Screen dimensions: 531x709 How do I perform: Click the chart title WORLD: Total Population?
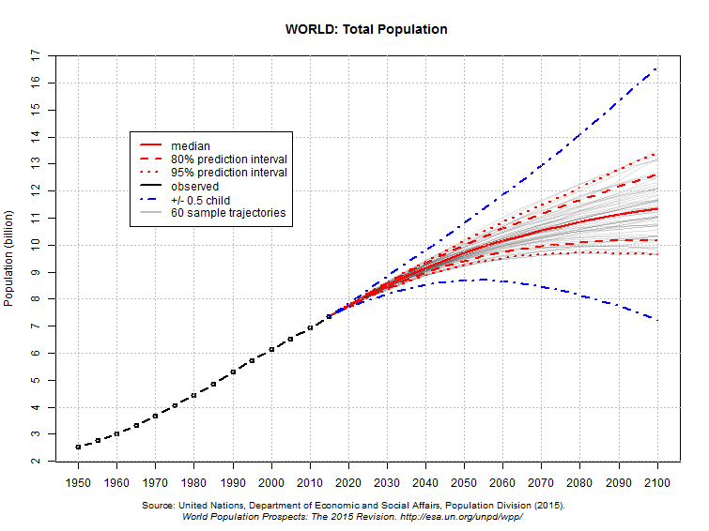366,29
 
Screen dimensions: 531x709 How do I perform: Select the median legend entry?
190,146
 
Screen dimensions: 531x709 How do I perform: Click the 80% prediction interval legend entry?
228,159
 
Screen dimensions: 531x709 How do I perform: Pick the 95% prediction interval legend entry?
228,173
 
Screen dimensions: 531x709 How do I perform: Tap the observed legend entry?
194,187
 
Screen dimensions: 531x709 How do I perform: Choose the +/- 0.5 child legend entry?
200,200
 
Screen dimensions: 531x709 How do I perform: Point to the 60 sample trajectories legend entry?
228,213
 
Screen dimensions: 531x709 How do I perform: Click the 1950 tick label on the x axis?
78,482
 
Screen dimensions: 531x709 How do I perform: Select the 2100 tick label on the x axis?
657,482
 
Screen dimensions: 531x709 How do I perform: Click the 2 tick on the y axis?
36,461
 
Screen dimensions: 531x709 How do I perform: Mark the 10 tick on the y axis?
36,245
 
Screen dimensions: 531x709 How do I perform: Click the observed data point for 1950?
78,447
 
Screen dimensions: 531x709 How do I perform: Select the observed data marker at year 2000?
271,349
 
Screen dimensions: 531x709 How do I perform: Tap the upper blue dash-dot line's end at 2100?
657,68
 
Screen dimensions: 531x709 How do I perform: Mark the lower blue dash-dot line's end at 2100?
657,320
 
